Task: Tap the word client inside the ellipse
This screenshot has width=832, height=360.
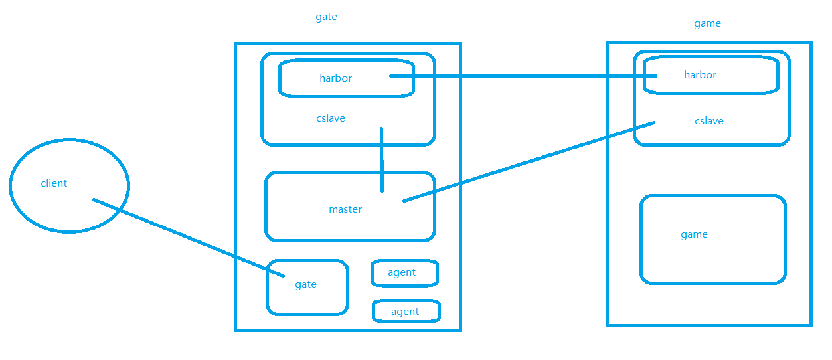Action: (x=54, y=183)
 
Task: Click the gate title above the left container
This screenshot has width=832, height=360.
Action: (x=326, y=17)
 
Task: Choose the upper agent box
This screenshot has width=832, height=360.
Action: (x=404, y=272)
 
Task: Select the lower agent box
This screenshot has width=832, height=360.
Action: (x=406, y=311)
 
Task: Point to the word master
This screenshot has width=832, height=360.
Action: (x=345, y=209)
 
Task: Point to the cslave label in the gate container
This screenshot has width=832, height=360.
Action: (x=331, y=118)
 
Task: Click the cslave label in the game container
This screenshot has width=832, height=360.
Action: (x=709, y=121)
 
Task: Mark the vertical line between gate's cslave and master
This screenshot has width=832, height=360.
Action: (x=382, y=159)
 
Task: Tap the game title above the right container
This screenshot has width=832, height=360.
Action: (x=707, y=23)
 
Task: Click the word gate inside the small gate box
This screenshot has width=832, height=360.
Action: (x=305, y=284)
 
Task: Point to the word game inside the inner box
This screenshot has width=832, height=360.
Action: (x=694, y=234)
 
